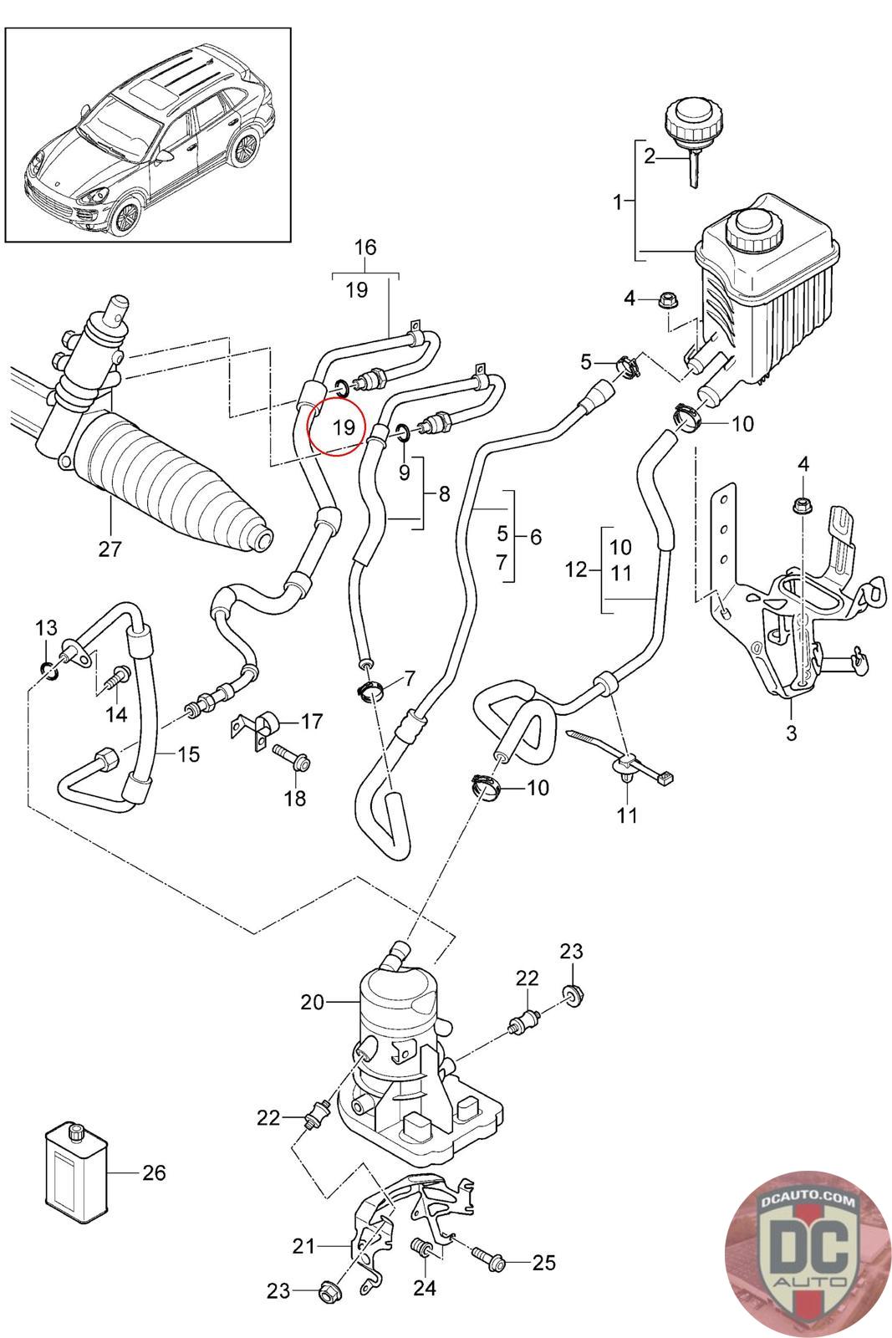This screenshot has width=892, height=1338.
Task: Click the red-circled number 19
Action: pos(340,426)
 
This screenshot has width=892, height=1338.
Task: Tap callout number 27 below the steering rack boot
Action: pos(110,549)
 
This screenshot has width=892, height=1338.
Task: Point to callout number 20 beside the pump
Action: pos(312,1001)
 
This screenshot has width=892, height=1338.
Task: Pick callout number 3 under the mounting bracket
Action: pos(791,733)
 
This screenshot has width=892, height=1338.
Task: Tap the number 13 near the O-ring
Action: pos(47,627)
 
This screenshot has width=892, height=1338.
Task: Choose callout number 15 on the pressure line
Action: pos(189,754)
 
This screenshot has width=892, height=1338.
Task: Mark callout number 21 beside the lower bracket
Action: pos(303,1247)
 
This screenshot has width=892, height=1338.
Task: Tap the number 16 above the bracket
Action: pos(365,247)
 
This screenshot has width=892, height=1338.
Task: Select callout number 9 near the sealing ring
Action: pos(404,472)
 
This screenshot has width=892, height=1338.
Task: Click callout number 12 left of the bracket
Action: pos(576,571)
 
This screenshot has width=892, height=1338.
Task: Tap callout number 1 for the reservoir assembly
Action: pos(618,202)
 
